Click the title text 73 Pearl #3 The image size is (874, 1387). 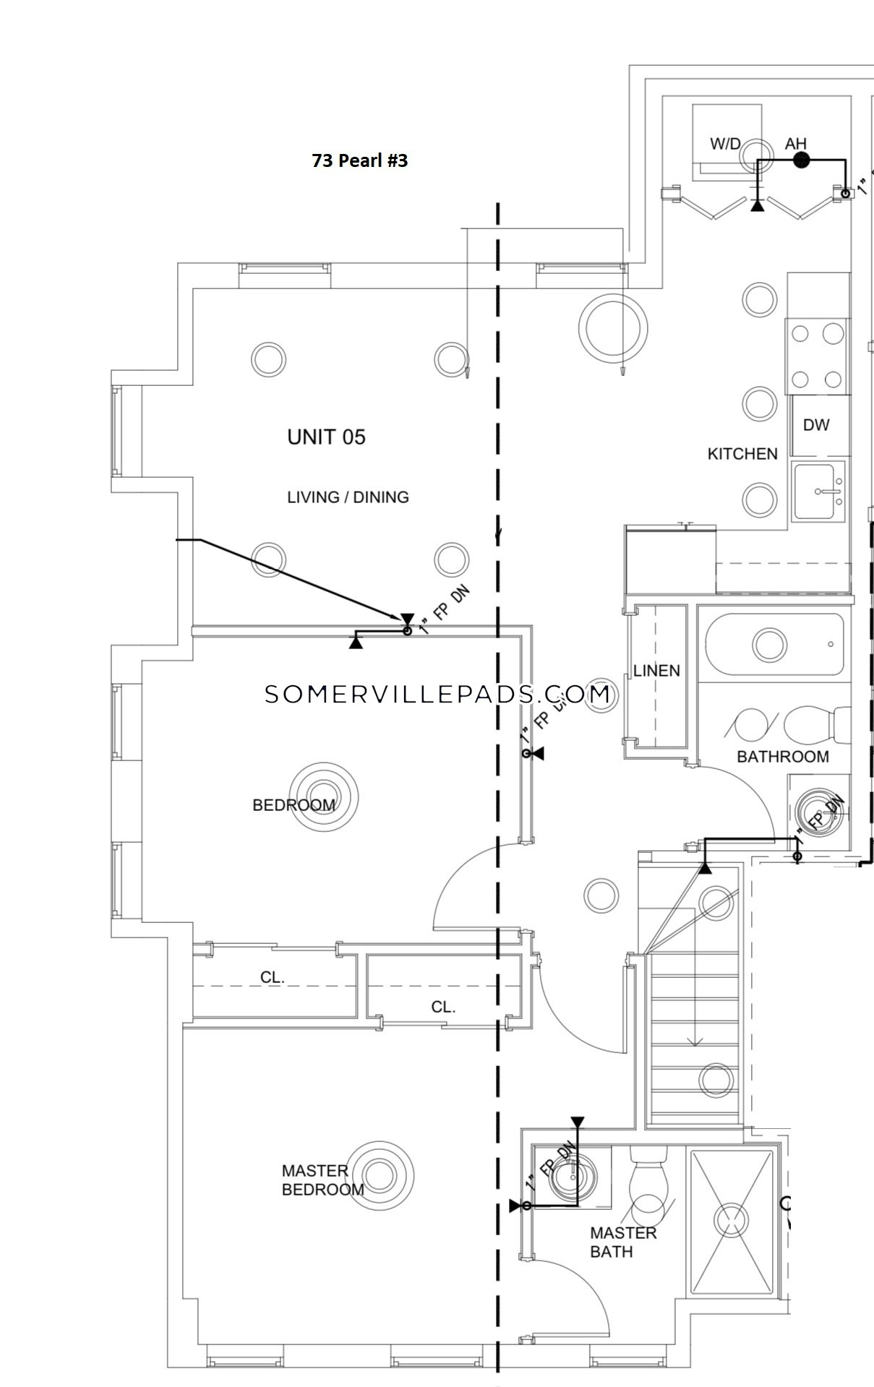point(359,160)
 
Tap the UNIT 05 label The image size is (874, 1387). point(326,437)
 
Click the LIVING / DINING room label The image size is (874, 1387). point(348,497)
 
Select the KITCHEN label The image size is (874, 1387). point(742,454)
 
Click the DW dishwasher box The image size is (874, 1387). point(816,425)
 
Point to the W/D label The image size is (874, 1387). point(724,144)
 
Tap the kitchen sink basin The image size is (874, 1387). point(819,491)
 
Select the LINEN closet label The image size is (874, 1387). point(656,671)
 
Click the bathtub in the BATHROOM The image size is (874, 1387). point(774,643)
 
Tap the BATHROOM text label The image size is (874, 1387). point(783,757)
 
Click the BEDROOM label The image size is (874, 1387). point(294,805)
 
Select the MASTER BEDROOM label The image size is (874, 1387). point(322,1180)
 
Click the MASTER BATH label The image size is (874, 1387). point(623,1242)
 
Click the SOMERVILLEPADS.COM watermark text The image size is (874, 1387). point(437,695)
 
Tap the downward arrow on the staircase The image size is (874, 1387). point(695,1041)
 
